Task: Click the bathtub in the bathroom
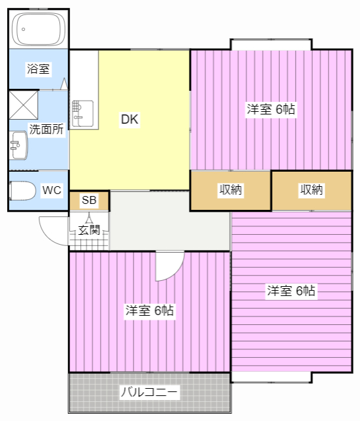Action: tap(39, 29)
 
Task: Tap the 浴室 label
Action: tap(38, 69)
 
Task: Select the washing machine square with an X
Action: tap(24, 105)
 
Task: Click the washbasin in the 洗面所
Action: tap(18, 145)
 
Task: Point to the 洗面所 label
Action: tap(47, 130)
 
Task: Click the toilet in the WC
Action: tap(22, 190)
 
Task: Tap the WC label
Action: tap(51, 190)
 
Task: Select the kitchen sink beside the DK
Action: tap(83, 113)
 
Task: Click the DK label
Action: tap(130, 119)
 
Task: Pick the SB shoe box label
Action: tap(89, 200)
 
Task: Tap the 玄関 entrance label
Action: tap(89, 230)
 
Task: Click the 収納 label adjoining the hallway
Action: tap(230, 190)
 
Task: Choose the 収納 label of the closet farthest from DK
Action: tap(311, 190)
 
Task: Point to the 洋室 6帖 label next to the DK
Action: tap(270, 109)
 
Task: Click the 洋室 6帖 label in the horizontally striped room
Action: tap(291, 291)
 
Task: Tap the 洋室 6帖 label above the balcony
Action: tap(149, 310)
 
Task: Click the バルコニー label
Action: tap(149, 392)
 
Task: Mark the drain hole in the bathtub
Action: tap(24, 29)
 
